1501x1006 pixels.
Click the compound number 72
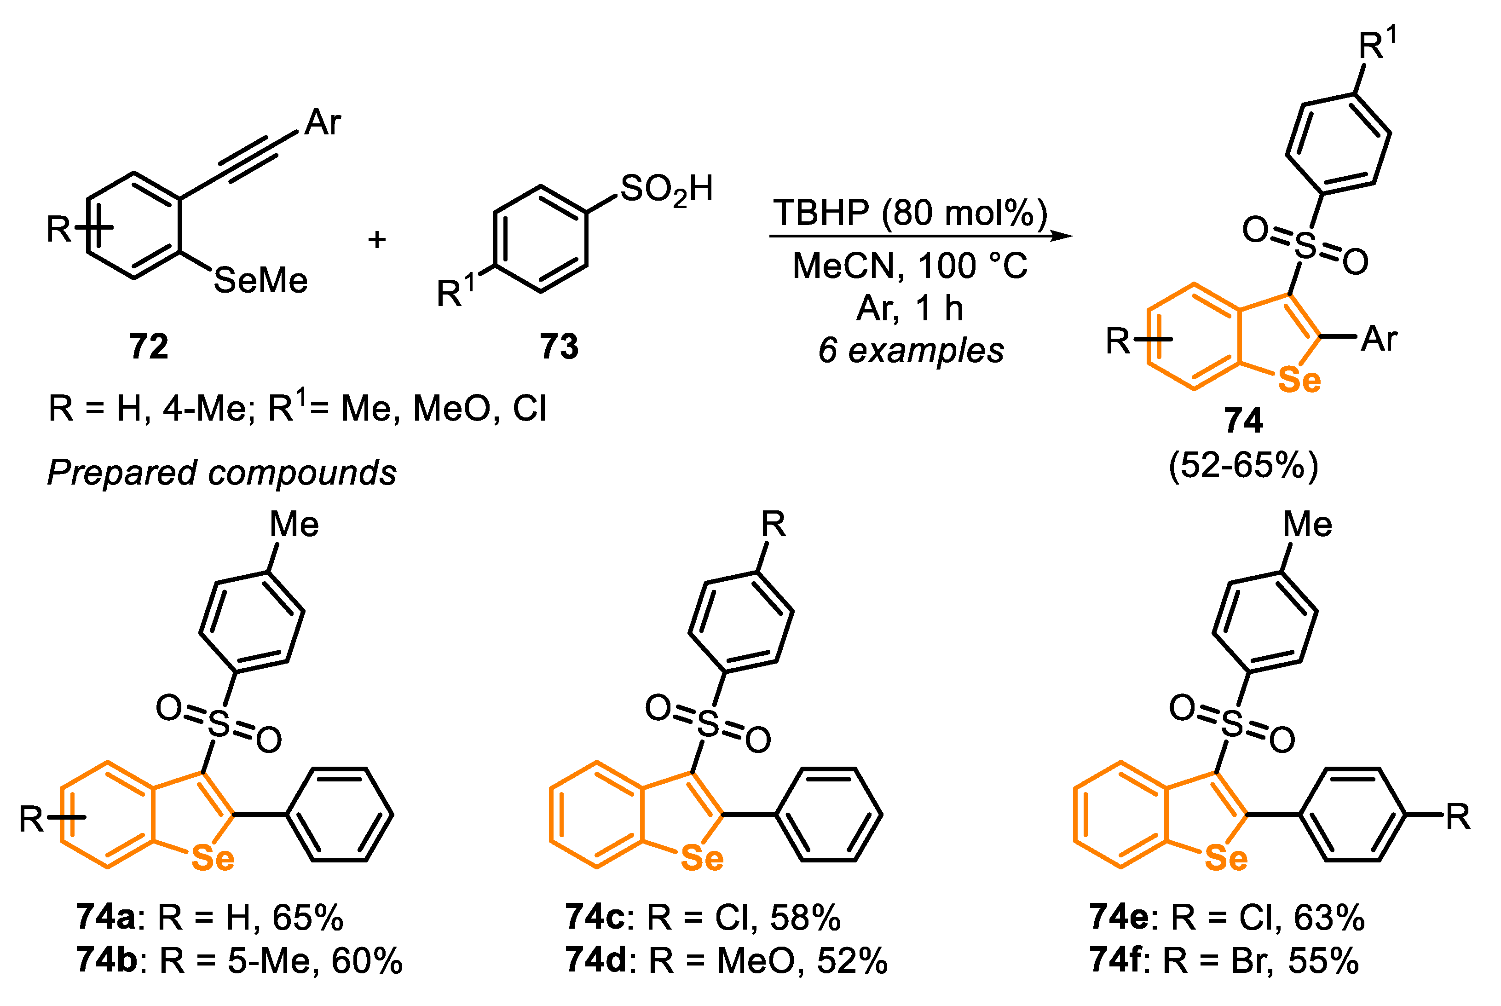tap(148, 347)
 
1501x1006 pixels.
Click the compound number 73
tap(559, 347)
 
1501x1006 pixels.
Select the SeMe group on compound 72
tap(260, 280)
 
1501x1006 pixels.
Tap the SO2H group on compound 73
tap(666, 189)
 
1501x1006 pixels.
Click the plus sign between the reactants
tap(376, 239)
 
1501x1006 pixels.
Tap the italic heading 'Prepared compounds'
tap(222, 473)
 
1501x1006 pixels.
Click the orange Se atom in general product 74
tap(1299, 381)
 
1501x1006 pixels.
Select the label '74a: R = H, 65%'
tap(209, 918)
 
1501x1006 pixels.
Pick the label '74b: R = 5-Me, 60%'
tap(239, 960)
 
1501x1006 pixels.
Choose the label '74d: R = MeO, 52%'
tap(726, 960)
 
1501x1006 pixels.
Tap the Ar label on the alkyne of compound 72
tap(323, 122)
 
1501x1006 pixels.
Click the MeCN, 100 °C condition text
tap(910, 266)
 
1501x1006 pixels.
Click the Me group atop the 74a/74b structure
tap(294, 524)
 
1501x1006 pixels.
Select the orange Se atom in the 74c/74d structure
tap(702, 858)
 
